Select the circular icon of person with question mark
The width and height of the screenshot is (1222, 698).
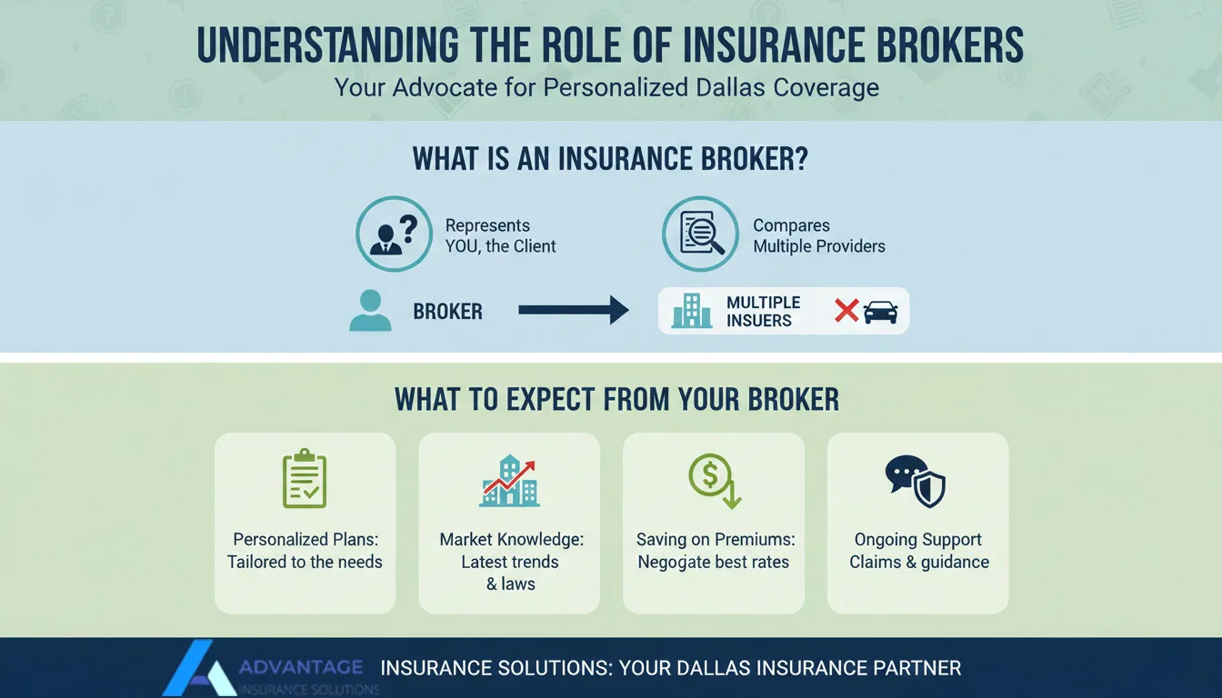[x=394, y=234]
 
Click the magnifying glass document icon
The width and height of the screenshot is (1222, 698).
[x=700, y=234]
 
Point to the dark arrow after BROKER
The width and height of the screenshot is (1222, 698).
[x=573, y=311]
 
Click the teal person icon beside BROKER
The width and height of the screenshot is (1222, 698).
[x=370, y=311]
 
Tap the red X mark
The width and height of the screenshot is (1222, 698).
[x=846, y=311]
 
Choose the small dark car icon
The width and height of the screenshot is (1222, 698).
[x=880, y=312]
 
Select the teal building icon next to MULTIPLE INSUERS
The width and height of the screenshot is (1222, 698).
[x=691, y=311]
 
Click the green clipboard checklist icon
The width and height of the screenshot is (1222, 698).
[x=305, y=478]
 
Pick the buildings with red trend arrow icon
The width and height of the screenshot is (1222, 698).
[x=509, y=481]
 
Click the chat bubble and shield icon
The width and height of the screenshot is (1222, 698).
[x=916, y=481]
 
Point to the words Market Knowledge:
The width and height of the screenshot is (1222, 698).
[x=511, y=540]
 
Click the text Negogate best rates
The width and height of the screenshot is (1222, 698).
[x=714, y=562]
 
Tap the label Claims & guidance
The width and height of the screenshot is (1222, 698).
[x=918, y=562]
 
